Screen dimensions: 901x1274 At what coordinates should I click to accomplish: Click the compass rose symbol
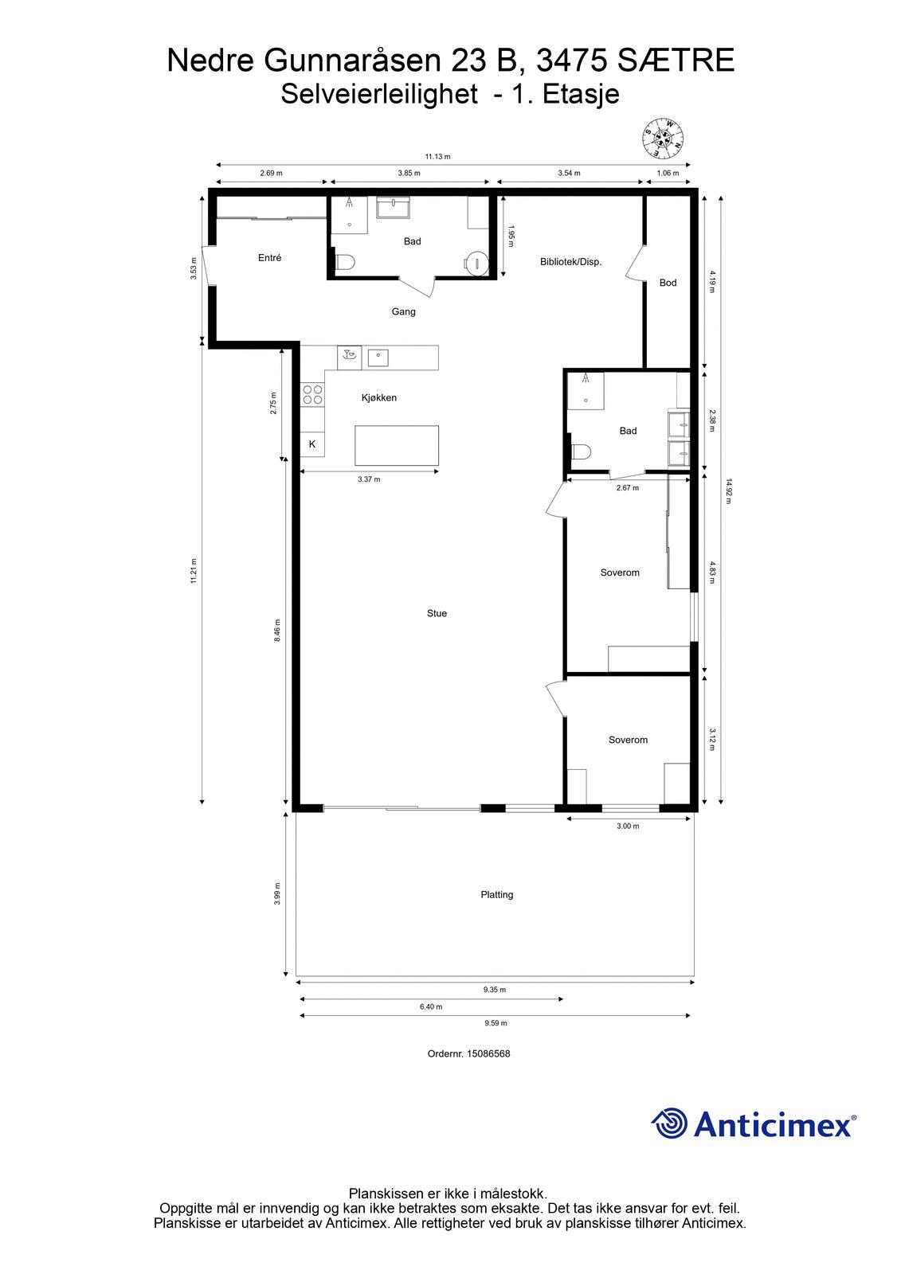point(663,139)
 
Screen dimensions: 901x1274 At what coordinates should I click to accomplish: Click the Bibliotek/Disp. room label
point(571,262)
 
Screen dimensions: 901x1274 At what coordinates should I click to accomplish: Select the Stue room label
point(437,613)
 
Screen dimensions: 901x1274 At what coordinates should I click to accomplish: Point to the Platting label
point(497,895)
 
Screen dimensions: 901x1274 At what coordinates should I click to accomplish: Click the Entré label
point(270,258)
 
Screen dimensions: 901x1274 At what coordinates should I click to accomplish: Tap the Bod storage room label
point(668,283)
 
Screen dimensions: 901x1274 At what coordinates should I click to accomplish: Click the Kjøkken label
point(379,397)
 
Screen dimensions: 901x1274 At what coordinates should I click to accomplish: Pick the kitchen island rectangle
point(397,445)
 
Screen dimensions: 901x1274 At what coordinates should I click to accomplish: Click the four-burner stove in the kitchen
point(312,395)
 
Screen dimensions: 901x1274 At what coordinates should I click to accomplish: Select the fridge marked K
point(312,444)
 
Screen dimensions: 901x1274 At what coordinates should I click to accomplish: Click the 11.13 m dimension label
point(437,157)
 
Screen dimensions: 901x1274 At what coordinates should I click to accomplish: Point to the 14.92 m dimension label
point(729,490)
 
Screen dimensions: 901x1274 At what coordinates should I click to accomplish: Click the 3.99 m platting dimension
point(277,894)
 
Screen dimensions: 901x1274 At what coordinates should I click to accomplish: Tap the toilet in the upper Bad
point(346,262)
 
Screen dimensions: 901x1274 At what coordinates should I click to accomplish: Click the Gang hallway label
point(404,311)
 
